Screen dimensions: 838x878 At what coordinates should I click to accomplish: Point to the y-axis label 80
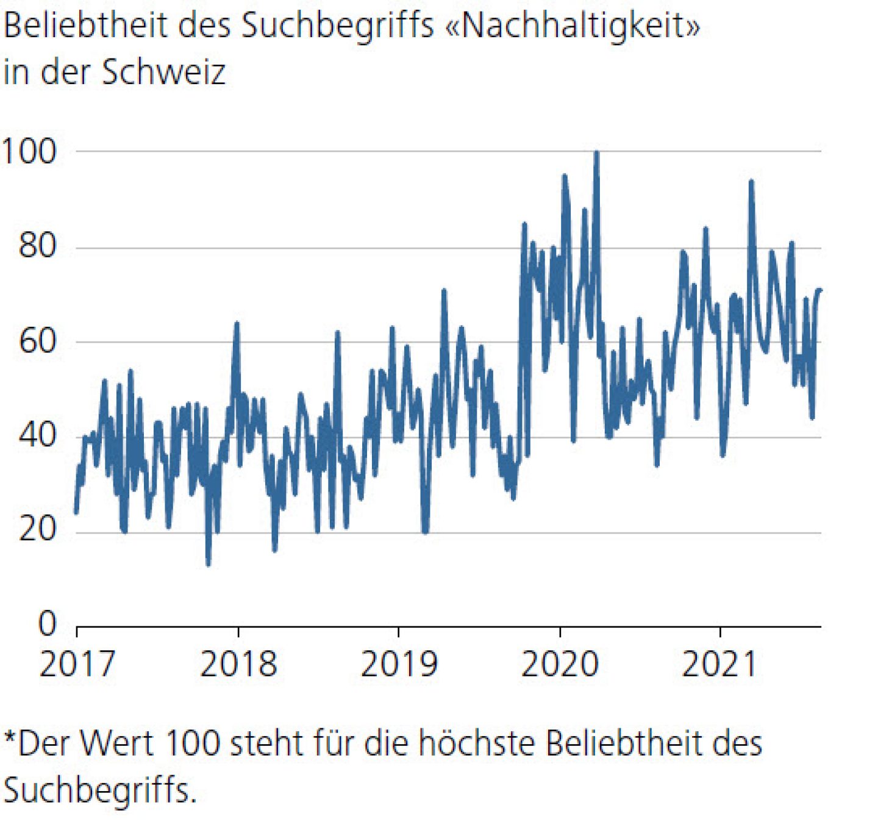pos(37,246)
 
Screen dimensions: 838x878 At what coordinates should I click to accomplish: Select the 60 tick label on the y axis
pos(37,342)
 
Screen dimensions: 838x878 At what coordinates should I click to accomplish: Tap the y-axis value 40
pos(37,435)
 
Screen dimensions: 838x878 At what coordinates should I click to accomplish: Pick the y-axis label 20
pos(37,529)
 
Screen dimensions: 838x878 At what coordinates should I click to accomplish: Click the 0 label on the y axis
pos(47,623)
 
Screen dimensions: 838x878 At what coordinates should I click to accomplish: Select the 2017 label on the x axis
pos(77,664)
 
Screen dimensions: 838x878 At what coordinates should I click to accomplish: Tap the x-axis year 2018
pos(238,664)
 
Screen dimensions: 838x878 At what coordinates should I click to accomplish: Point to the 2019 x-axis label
pos(399,664)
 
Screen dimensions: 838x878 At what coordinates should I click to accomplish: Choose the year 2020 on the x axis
pos(560,664)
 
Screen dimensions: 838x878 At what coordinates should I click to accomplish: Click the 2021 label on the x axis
pos(719,664)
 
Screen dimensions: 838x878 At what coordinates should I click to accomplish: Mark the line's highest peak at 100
pos(596,152)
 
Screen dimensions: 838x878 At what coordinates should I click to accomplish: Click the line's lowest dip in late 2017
pos(209,564)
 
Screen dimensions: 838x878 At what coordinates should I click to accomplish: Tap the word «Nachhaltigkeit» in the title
pos(573,26)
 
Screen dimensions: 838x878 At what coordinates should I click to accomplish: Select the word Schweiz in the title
pos(163,72)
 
